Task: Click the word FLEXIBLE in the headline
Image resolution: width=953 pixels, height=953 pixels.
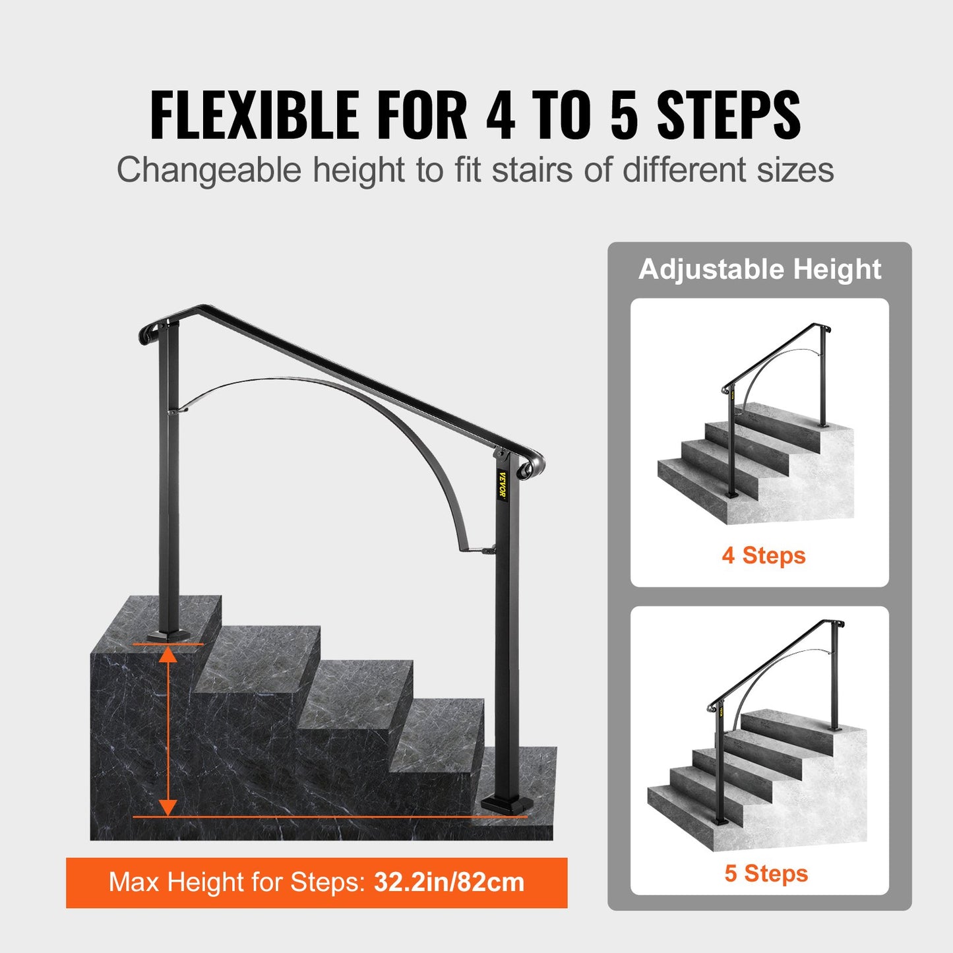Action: click(x=255, y=115)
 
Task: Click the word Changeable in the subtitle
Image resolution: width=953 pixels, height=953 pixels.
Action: click(x=209, y=170)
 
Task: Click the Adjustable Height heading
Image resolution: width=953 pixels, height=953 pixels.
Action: click(x=760, y=269)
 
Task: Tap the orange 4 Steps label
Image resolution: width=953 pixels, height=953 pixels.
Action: click(x=764, y=555)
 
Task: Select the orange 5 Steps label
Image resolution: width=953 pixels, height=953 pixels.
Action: click(x=766, y=873)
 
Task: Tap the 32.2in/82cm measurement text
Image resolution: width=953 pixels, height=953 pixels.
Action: click(x=449, y=882)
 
